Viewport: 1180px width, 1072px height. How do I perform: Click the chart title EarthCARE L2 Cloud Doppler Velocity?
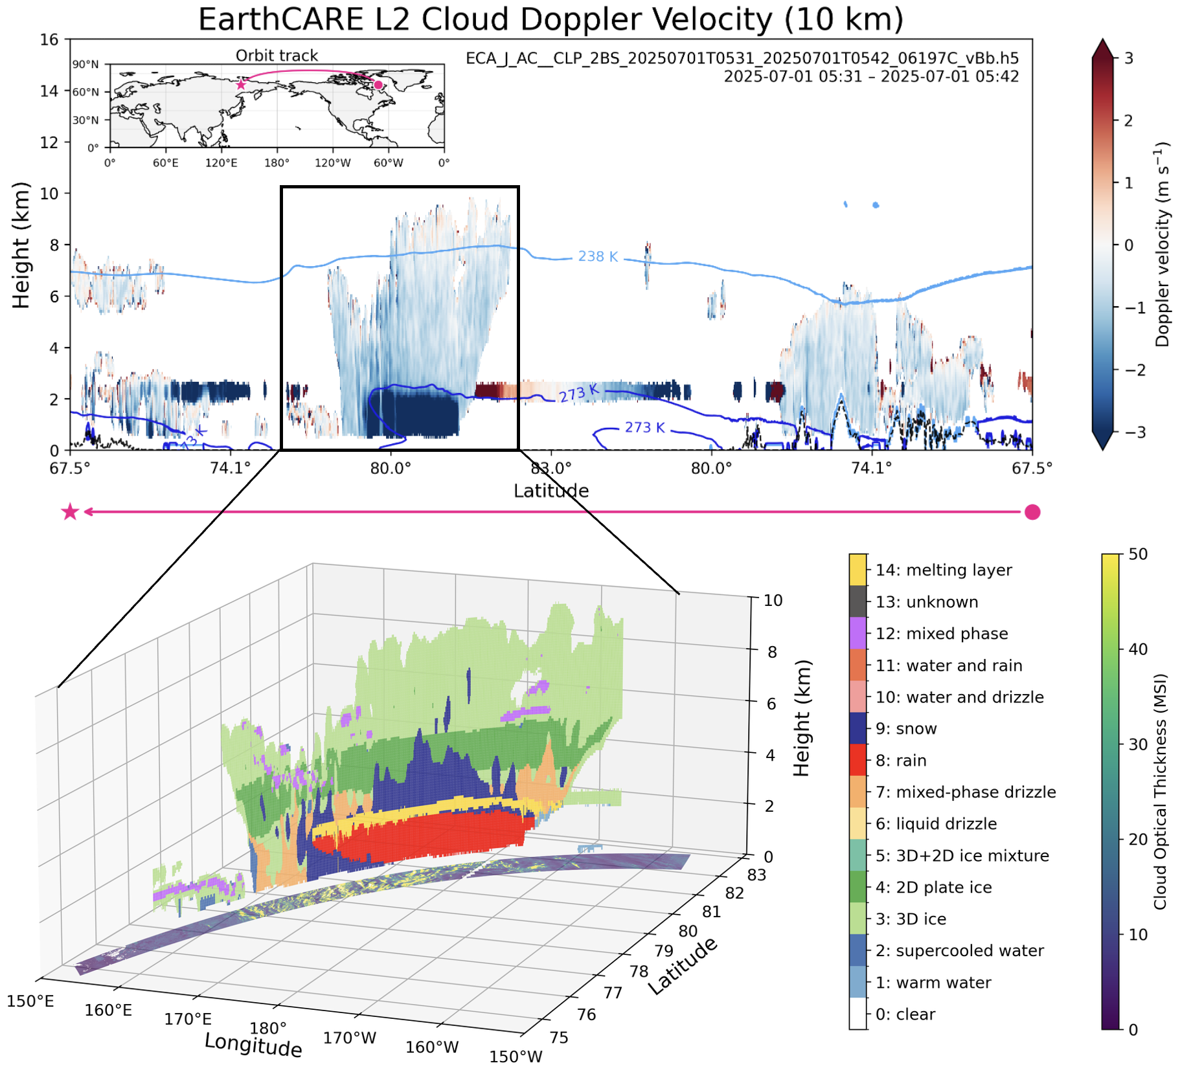550,19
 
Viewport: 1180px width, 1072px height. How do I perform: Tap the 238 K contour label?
597,256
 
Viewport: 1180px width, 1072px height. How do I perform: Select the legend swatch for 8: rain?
858,760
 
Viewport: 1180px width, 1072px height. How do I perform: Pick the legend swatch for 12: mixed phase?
858,633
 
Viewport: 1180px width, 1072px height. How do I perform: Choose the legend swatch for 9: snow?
858,728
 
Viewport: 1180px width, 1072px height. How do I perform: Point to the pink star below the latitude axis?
70,513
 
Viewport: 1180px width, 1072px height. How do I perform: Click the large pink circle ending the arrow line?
1032,513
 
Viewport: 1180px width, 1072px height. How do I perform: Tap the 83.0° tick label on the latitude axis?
550,468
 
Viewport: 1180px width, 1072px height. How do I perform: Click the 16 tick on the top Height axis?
49,39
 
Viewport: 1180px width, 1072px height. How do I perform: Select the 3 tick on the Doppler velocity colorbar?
1129,58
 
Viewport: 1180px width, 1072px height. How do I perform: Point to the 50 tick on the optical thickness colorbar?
1137,554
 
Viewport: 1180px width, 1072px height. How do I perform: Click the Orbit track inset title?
277,56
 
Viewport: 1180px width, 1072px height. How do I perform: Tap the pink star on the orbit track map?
241,85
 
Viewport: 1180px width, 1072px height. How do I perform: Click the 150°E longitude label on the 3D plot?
30,1001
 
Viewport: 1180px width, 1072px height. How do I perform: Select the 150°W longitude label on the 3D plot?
516,1056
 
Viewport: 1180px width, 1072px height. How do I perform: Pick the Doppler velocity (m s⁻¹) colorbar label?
1163,245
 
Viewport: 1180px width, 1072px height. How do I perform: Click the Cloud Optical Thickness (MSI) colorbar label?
1159,791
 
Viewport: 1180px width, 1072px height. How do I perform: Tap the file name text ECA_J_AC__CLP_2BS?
742,58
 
